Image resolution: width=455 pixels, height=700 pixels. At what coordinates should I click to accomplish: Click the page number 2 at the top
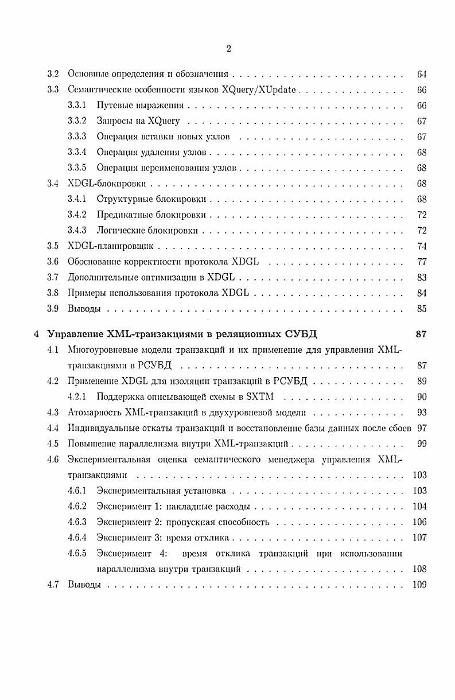[228, 49]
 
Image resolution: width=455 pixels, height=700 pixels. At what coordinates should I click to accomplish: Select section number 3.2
[53, 74]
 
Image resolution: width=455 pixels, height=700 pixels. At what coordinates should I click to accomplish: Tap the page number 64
[422, 74]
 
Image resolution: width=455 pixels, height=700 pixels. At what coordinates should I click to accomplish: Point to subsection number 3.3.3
[77, 137]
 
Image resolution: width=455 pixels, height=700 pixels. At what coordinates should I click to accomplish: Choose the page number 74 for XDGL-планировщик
[422, 246]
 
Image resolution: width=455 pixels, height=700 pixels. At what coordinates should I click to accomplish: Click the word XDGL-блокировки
[107, 184]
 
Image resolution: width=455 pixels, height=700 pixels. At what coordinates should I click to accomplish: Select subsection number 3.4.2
[77, 215]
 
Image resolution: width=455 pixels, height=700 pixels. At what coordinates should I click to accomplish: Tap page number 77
[422, 262]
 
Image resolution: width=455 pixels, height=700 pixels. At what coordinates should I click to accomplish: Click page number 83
[422, 277]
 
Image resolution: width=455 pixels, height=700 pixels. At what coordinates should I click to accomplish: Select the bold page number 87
[421, 334]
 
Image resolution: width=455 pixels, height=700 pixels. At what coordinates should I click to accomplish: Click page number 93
[422, 412]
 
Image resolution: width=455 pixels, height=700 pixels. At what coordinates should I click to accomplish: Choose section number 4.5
[53, 443]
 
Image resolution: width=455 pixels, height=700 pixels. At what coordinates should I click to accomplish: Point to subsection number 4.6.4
[77, 538]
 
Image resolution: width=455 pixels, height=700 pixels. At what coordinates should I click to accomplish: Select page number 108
[419, 569]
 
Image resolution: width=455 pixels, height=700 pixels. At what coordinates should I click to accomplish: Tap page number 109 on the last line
[419, 585]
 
